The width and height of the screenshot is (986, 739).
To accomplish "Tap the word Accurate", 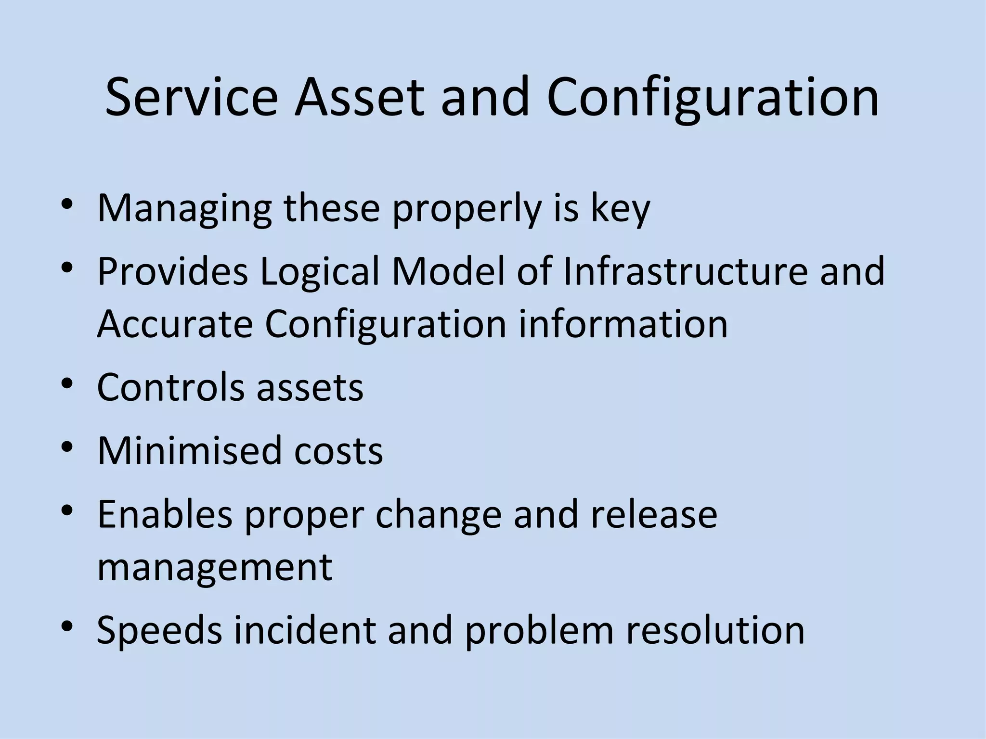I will coord(175,324).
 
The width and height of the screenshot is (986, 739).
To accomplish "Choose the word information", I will coord(623,324).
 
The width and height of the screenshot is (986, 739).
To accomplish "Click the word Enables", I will coord(165,514).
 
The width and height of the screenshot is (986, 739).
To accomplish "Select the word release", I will coord(654,514).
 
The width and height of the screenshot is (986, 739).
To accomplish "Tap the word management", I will coord(215,567).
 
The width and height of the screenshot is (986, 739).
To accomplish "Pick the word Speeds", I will coord(159,630).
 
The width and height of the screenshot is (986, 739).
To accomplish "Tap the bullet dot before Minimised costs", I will coord(67,447).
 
